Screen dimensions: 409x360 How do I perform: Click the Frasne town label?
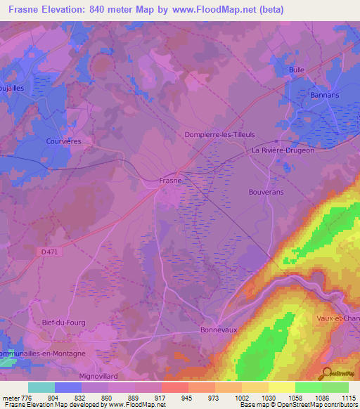pyautogui.click(x=171, y=180)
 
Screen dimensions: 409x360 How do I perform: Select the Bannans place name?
pyautogui.click(x=324, y=94)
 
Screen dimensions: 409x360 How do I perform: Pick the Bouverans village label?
pyautogui.click(x=266, y=191)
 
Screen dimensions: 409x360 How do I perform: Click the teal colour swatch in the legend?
pyautogui.click(x=41, y=387)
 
